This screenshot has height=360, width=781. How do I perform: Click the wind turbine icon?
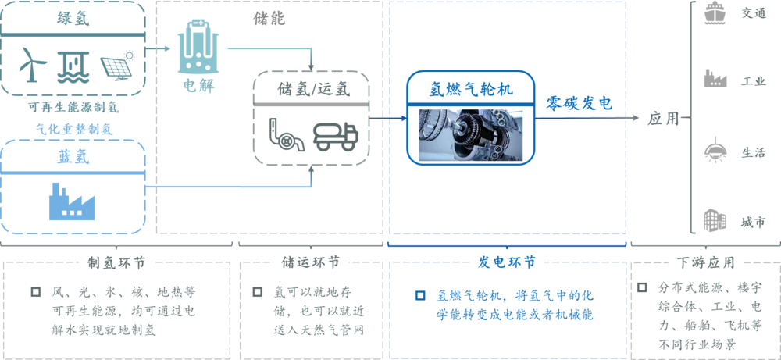pyautogui.click(x=33, y=65)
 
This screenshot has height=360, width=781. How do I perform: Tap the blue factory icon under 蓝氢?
pyautogui.click(x=72, y=201)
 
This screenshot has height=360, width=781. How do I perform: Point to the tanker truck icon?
pyautogui.click(x=335, y=135)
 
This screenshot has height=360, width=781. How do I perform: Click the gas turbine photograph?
pyautogui.click(x=470, y=134)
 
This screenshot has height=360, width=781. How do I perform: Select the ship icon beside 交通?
pyautogui.click(x=715, y=14)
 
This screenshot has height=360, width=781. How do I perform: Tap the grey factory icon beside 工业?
pyautogui.click(x=715, y=80)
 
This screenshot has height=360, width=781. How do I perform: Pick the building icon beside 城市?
pyautogui.click(x=715, y=220)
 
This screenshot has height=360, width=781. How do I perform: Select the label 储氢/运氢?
pyautogui.click(x=314, y=89)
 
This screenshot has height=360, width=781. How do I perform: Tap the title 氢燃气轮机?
pyautogui.click(x=471, y=90)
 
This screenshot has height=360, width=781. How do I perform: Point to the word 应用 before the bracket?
pyautogui.click(x=663, y=119)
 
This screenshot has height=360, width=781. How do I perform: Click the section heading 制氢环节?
pyautogui.click(x=116, y=262)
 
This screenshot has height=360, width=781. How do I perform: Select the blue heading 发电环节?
pyautogui.click(x=507, y=262)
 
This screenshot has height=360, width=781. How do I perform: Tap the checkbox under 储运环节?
pyautogui.click(x=258, y=292)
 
